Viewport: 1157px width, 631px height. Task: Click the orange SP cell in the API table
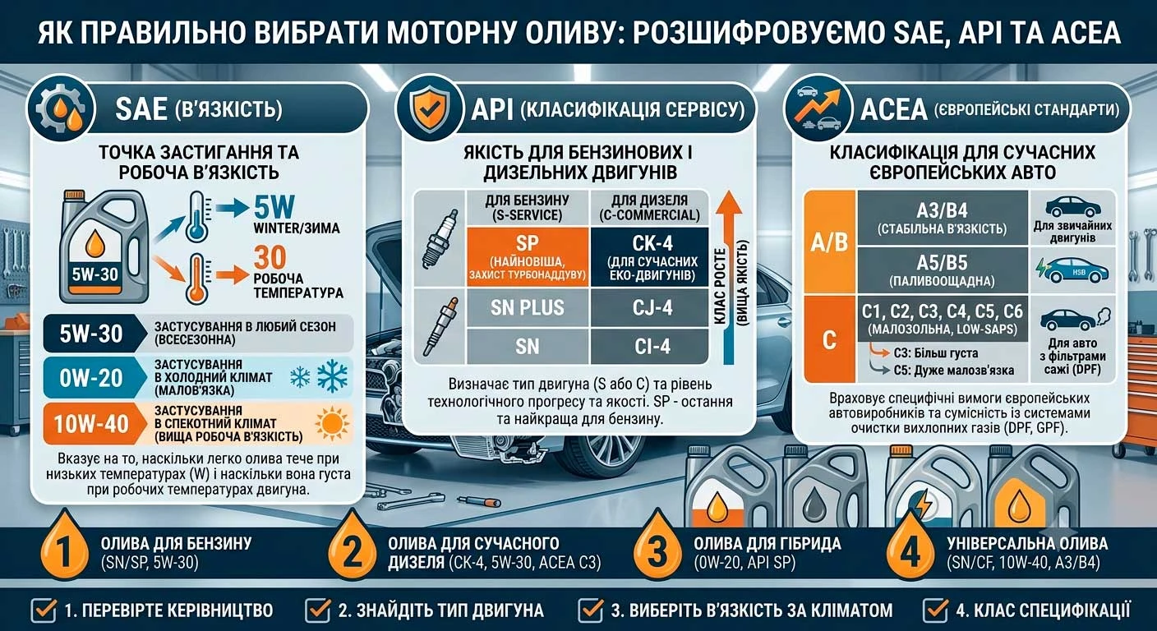pos(528,256)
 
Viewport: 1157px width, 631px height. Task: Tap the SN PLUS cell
pos(528,308)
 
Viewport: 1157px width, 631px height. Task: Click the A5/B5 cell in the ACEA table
pos(943,270)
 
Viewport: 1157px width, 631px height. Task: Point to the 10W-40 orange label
pos(92,424)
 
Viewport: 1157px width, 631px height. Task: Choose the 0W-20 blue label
pos(92,378)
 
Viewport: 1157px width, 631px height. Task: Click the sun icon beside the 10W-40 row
pos(332,424)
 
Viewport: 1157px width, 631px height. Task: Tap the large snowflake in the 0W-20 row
pos(332,375)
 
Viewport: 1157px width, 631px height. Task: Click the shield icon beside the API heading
pos(429,108)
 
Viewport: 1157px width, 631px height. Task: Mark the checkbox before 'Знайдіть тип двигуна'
pos(318,610)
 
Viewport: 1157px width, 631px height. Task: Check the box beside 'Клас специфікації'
pos(935,610)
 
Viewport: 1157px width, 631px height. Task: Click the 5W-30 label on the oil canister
pos(95,274)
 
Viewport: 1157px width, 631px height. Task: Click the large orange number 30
pos(270,257)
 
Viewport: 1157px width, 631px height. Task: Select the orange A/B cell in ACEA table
pos(829,242)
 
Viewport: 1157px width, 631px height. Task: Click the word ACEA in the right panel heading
pos(893,109)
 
